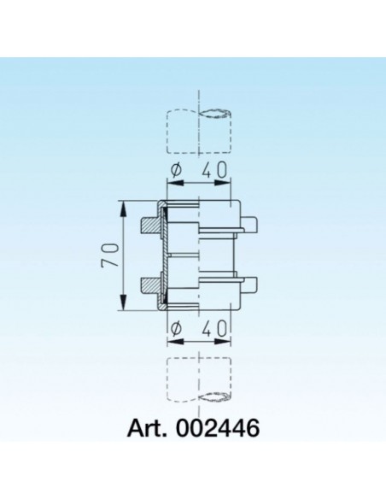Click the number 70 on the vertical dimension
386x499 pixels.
click(x=109, y=255)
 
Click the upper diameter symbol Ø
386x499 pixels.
click(x=176, y=171)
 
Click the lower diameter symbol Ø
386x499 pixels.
click(x=176, y=326)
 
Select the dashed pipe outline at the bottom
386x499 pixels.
click(x=196, y=380)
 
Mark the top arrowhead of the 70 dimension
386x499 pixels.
click(x=125, y=206)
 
